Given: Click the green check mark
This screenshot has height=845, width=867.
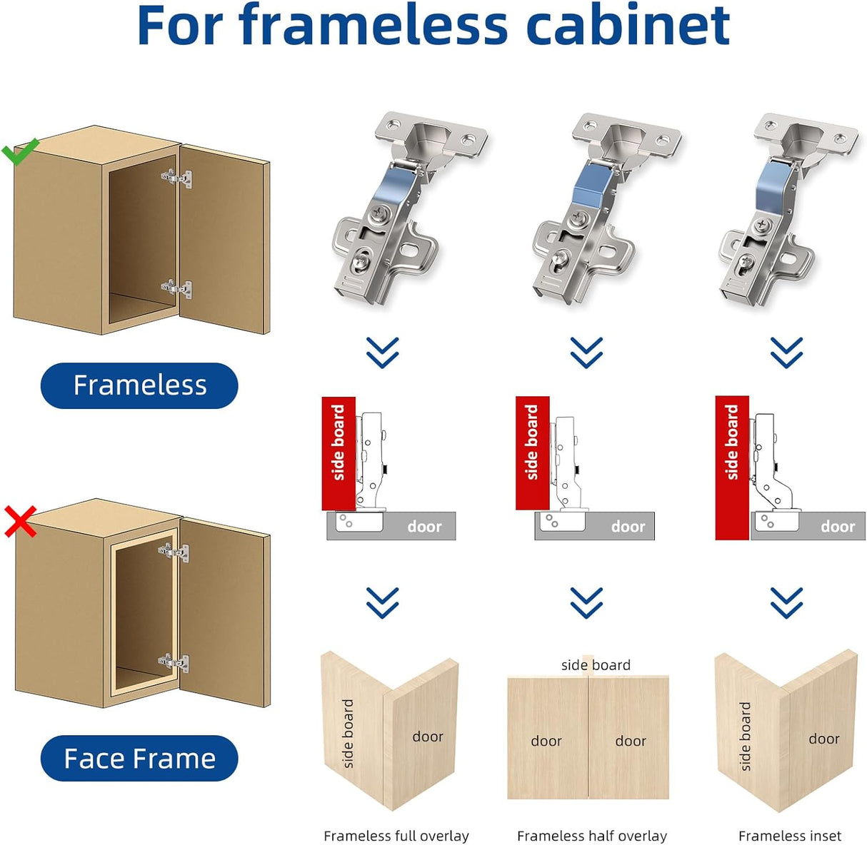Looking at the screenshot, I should [19, 151].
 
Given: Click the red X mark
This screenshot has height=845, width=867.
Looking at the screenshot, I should [21, 522].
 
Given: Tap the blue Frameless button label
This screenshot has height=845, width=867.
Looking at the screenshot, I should [139, 385].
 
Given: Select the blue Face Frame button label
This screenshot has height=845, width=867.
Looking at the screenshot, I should [139, 758].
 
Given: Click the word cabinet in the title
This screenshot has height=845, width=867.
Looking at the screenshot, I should [628, 25].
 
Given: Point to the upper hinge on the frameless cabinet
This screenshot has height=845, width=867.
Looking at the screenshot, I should [176, 177].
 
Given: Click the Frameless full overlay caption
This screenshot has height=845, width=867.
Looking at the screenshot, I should [396, 836].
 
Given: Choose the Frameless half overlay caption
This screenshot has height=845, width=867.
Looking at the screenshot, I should [591, 836].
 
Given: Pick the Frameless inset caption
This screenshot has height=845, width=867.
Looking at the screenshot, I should [789, 836].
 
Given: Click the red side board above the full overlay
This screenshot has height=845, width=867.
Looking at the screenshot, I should [339, 452].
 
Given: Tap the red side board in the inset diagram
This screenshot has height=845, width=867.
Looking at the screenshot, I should [732, 467].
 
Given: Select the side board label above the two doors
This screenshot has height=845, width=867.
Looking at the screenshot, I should [596, 665].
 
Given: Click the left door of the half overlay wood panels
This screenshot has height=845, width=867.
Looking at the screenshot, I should [547, 739].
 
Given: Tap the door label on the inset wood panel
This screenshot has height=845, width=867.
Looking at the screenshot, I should [823, 739].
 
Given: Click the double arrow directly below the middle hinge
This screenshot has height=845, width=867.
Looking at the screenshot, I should [586, 352].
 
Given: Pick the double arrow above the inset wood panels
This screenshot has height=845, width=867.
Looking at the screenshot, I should [786, 602].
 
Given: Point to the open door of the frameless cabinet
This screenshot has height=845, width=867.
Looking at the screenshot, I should [225, 236].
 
